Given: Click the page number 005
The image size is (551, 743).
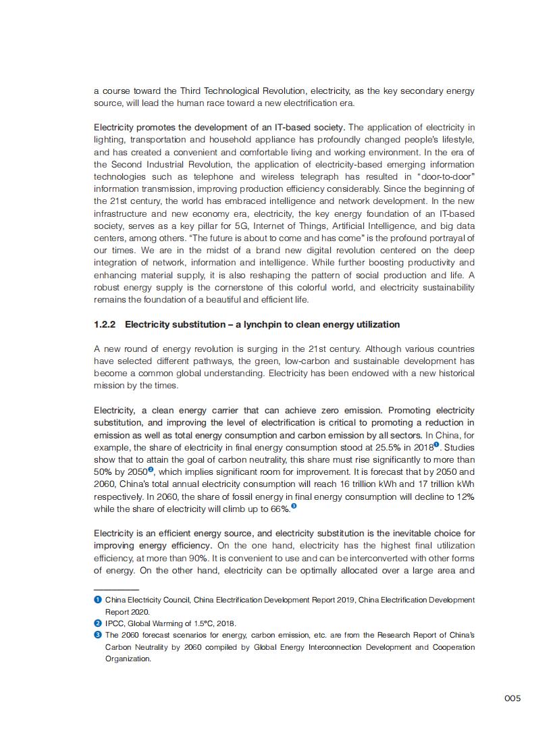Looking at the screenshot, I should click(x=513, y=698).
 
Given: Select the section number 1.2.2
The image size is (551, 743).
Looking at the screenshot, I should click(x=105, y=325).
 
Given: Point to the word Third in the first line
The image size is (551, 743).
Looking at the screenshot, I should click(x=176, y=91).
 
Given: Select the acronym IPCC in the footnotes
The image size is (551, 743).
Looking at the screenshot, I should click(x=115, y=623).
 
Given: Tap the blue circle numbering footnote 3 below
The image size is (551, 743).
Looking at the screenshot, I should click(x=97, y=635).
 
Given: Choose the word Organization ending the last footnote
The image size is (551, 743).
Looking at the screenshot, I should click(x=128, y=659).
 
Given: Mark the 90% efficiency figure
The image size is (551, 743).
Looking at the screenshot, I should click(x=200, y=559).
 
